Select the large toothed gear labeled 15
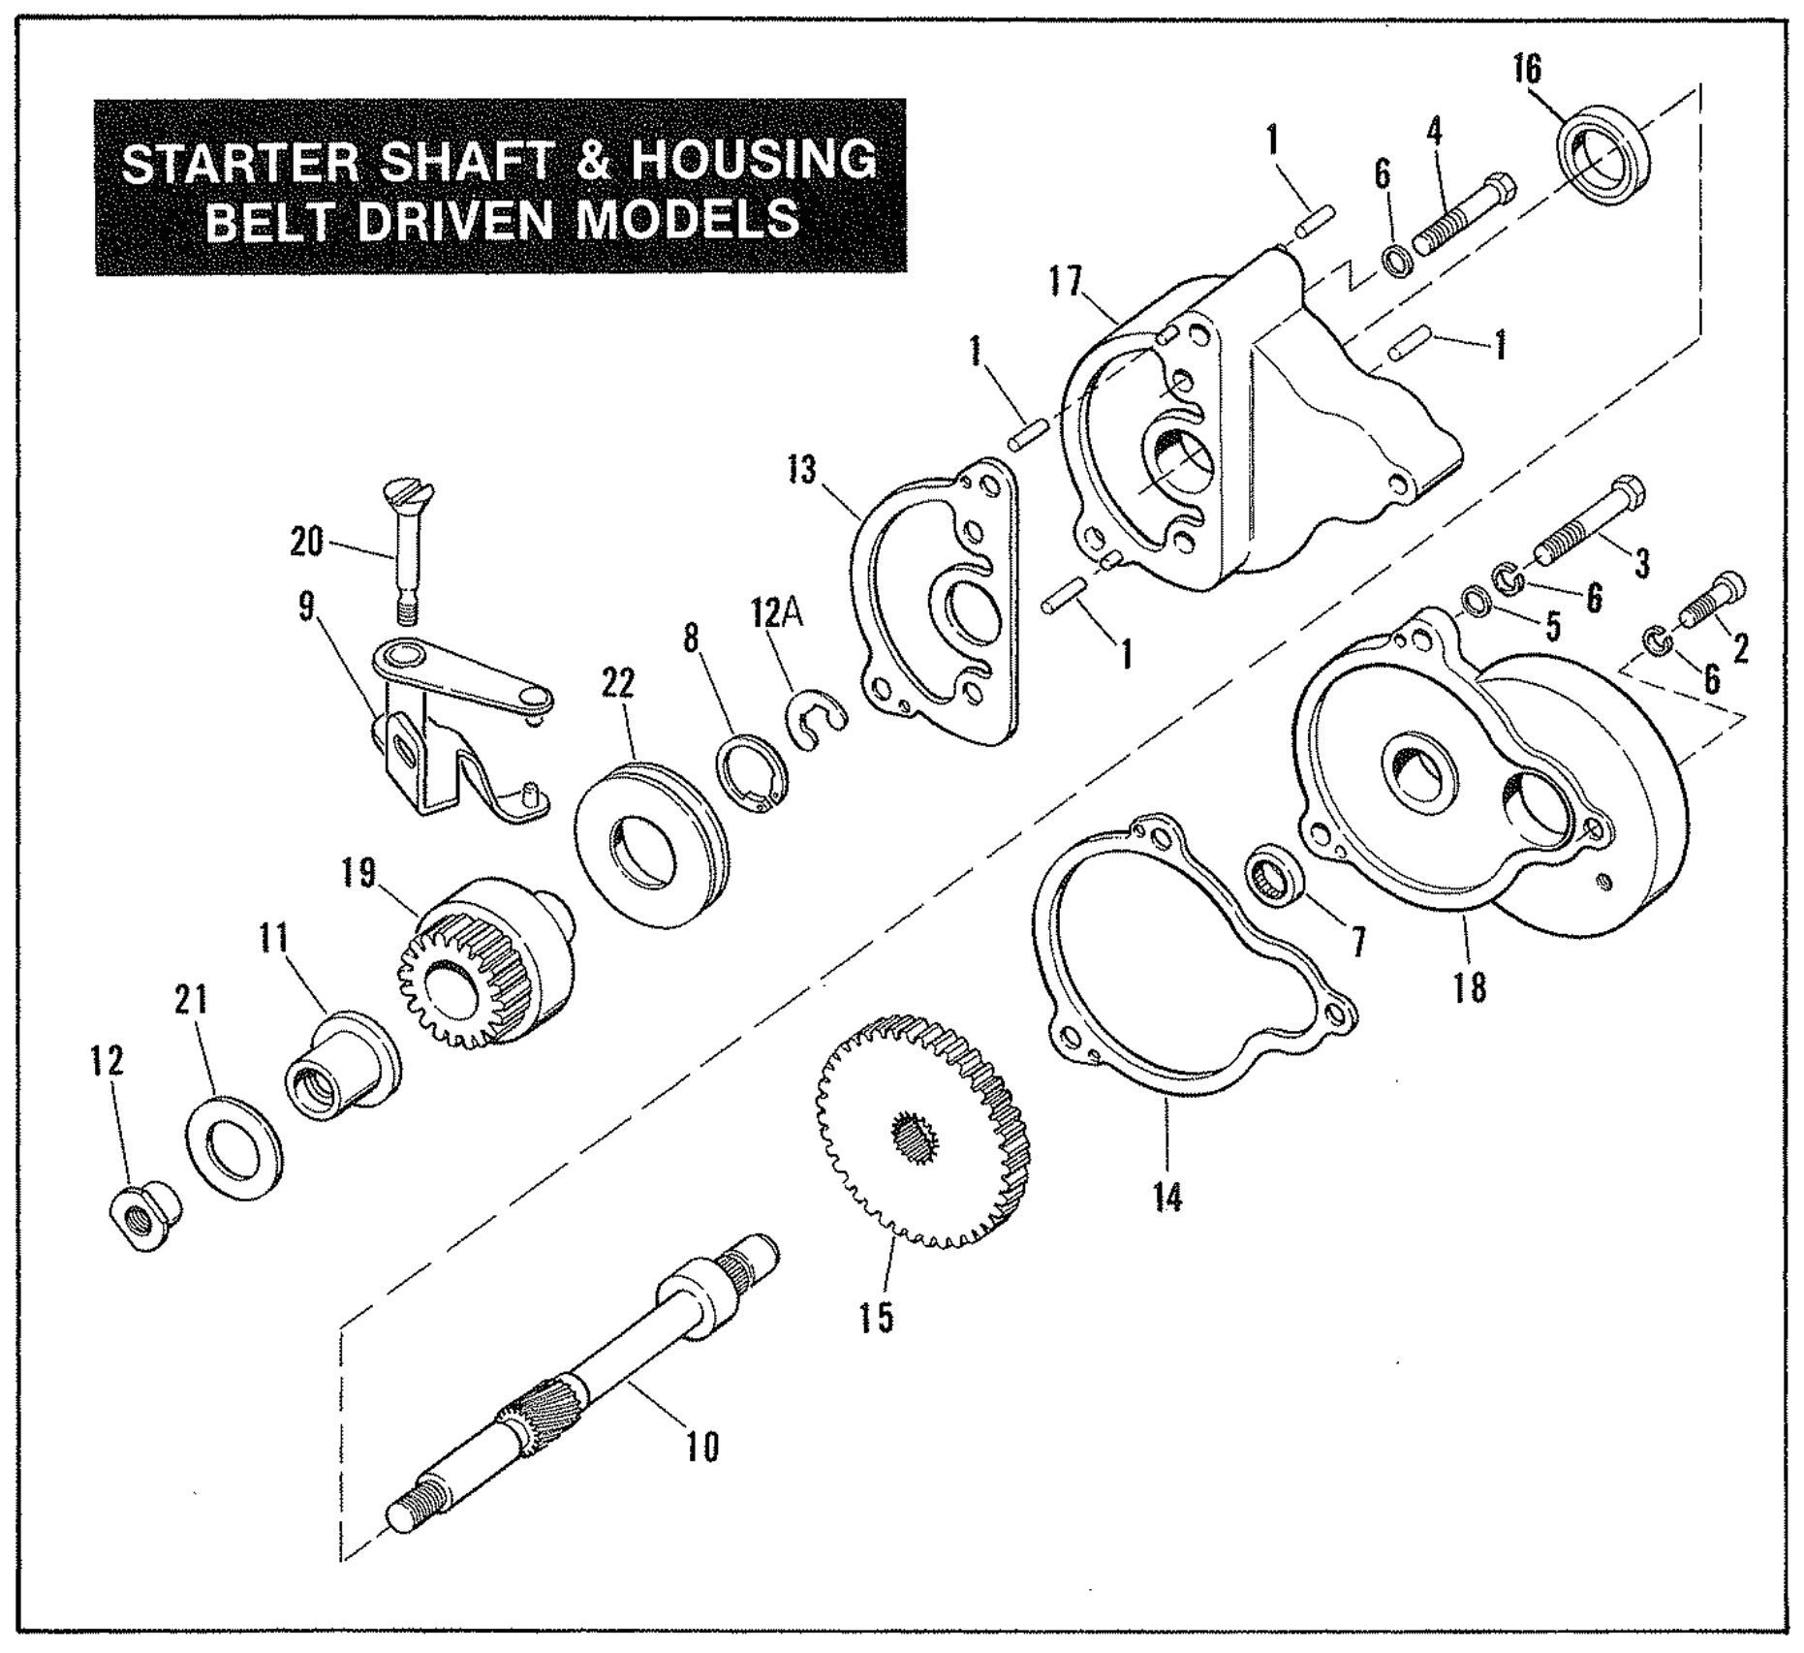pyautogui.click(x=924, y=1130)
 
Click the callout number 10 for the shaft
pyautogui.click(x=703, y=1448)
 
